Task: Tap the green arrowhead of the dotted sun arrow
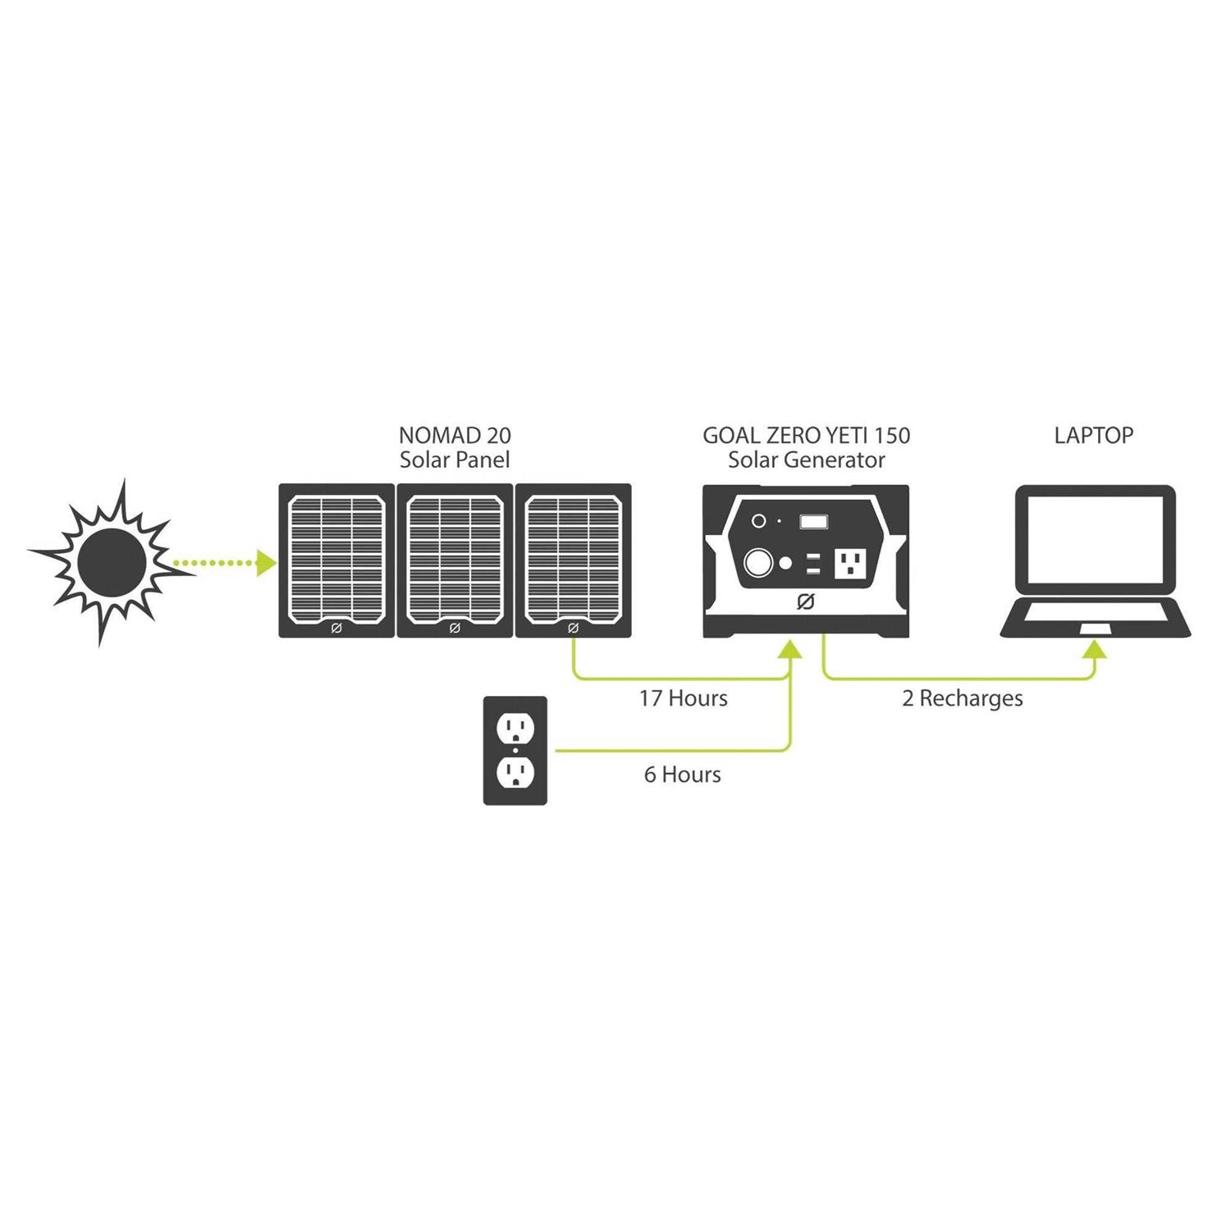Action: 265,562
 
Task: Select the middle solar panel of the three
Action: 455,561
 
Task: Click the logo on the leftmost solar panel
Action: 336,628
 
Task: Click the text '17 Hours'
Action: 684,698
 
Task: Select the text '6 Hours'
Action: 683,775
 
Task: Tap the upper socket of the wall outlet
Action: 515,725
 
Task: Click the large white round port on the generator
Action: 758,563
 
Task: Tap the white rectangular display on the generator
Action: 813,521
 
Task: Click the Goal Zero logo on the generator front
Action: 805,602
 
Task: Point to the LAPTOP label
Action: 1094,435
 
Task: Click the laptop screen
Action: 1095,538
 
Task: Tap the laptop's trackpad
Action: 1096,628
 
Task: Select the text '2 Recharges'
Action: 963,698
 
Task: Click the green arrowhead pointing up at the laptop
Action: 1095,649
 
